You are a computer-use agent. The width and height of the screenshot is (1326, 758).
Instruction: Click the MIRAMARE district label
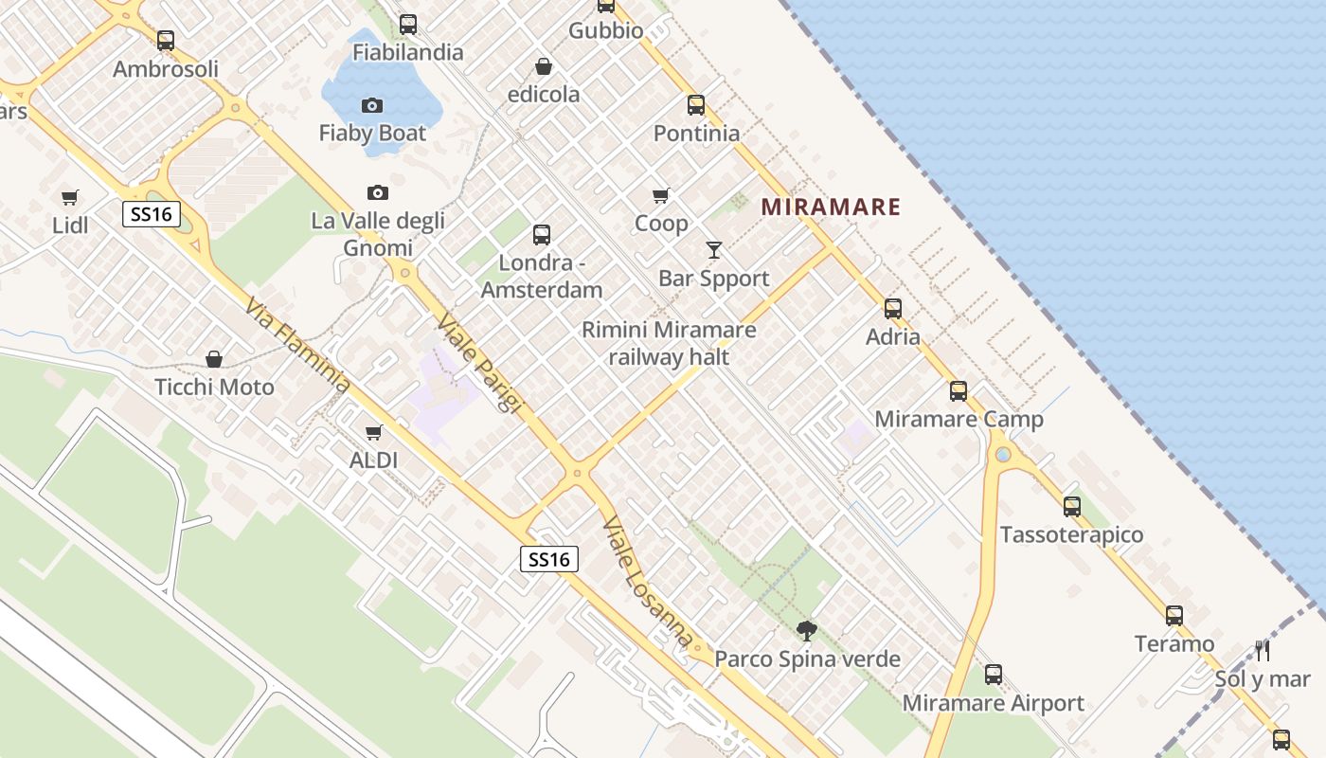click(831, 207)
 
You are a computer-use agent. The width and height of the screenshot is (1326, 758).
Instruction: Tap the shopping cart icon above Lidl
click(70, 197)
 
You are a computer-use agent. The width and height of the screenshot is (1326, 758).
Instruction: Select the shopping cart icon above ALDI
click(374, 432)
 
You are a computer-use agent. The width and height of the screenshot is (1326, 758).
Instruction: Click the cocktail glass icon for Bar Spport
click(714, 250)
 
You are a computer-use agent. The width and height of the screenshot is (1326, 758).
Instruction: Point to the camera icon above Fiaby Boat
click(372, 105)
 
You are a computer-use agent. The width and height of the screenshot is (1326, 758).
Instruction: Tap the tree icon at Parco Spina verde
click(807, 630)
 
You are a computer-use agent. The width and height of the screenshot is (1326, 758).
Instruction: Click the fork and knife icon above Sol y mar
click(1262, 650)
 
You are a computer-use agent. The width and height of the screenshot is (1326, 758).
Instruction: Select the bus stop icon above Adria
click(893, 308)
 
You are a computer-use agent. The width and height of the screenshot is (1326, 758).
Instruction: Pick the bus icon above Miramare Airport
click(994, 675)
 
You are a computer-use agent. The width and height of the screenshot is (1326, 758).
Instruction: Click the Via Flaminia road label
click(297, 347)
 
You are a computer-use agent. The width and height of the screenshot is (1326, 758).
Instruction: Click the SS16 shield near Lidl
click(152, 214)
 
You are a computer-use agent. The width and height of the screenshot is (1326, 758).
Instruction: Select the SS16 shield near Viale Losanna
click(549, 559)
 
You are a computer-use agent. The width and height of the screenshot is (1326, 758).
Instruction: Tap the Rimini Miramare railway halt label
click(669, 343)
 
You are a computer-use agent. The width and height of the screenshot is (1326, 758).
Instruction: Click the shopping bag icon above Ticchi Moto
click(214, 359)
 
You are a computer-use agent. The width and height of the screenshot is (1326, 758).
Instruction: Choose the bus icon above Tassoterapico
click(1072, 507)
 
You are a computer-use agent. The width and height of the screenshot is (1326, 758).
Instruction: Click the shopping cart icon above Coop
click(661, 195)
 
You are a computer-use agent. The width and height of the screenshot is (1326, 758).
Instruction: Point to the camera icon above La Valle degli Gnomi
click(378, 192)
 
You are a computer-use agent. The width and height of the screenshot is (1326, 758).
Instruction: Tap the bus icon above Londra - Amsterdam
click(542, 235)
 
